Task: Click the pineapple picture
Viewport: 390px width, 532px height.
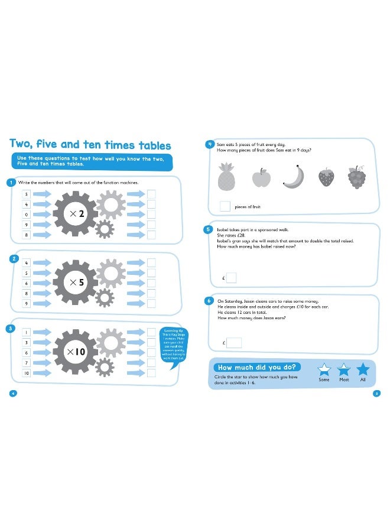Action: [x=227, y=176]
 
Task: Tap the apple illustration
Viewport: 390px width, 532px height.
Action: [x=261, y=177]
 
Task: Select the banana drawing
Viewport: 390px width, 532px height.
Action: [x=293, y=176]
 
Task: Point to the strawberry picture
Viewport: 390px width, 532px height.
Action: [x=326, y=177]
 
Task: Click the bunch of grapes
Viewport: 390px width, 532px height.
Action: [x=356, y=177]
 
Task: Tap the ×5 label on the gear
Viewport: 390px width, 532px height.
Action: [x=78, y=283]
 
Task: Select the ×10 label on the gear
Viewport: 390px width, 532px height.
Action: [x=77, y=352]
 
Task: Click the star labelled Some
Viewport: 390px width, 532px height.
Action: [x=324, y=369]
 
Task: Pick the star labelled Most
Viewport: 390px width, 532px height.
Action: [x=343, y=369]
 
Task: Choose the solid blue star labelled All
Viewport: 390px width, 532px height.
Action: [x=363, y=369]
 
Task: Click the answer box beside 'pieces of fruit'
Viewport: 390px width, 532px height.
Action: [x=225, y=206]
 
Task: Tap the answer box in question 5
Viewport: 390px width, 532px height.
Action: [x=231, y=277]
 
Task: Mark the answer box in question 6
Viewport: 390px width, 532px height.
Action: [x=233, y=342]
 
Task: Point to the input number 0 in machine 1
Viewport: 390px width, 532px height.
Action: [x=27, y=215]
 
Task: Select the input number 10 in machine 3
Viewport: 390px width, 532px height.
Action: [x=27, y=374]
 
